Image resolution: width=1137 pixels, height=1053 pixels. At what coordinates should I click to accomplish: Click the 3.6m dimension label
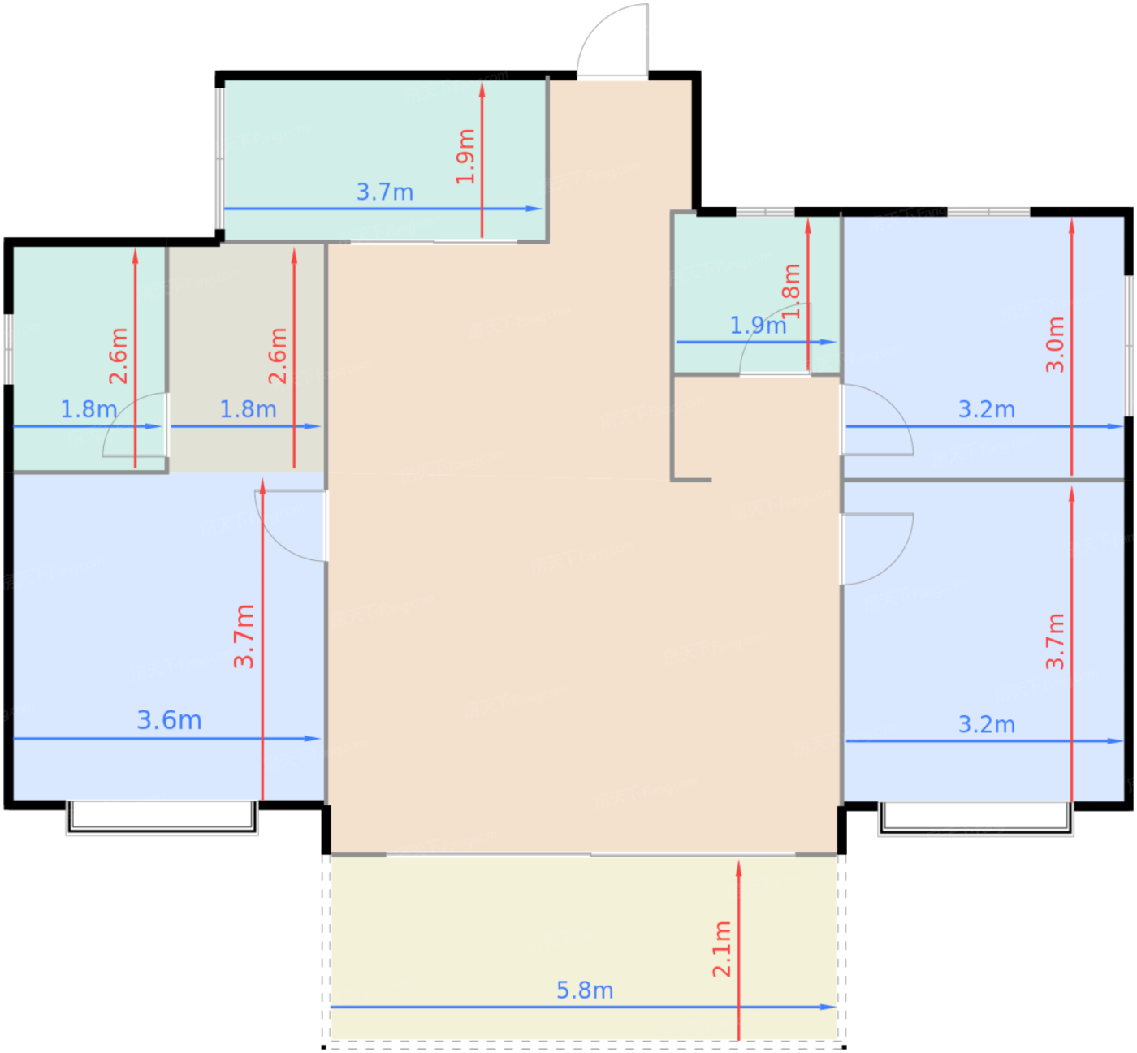pyautogui.click(x=169, y=720)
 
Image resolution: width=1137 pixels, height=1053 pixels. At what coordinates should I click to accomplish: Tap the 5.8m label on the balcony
pyautogui.click(x=584, y=990)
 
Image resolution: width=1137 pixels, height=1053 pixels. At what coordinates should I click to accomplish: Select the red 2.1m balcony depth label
pyautogui.click(x=722, y=949)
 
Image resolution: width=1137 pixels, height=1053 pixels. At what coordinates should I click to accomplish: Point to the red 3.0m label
pyautogui.click(x=1054, y=344)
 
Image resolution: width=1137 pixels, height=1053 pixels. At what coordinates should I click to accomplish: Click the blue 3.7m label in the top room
pyautogui.click(x=385, y=192)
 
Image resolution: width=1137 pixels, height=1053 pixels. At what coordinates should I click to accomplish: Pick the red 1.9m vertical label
pyautogui.click(x=465, y=157)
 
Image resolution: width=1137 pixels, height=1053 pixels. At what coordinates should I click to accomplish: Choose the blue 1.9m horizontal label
pyautogui.click(x=757, y=326)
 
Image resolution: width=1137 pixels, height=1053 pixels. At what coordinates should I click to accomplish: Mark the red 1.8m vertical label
pyautogui.click(x=792, y=291)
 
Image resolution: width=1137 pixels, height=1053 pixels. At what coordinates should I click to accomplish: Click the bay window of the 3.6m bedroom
pyautogui.click(x=162, y=818)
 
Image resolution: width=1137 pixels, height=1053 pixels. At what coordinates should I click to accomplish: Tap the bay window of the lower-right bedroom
pyautogui.click(x=975, y=818)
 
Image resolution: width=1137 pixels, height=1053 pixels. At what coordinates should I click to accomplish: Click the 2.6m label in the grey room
pyautogui.click(x=278, y=356)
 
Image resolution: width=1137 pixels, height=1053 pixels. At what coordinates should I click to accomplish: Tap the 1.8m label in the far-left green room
pyautogui.click(x=89, y=409)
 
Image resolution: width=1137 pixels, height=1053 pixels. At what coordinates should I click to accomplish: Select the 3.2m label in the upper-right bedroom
pyautogui.click(x=986, y=409)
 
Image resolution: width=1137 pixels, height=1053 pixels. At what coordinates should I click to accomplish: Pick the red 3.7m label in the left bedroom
pyautogui.click(x=244, y=637)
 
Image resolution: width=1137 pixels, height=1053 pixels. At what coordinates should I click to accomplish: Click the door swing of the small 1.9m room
pyautogui.click(x=774, y=341)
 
